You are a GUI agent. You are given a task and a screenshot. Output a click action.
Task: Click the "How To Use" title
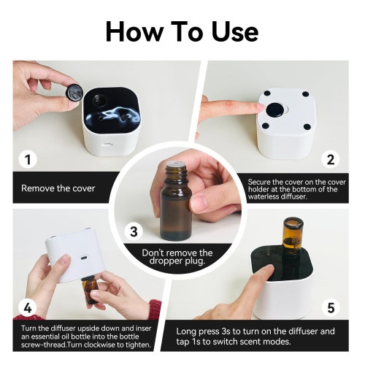(x=182, y=31)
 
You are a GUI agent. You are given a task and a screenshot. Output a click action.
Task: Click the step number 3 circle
(x=134, y=232)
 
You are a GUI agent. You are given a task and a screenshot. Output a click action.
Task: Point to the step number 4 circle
(x=28, y=307)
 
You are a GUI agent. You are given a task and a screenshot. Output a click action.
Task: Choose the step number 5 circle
(x=331, y=307)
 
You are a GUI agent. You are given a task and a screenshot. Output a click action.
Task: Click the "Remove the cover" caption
(x=58, y=188)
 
